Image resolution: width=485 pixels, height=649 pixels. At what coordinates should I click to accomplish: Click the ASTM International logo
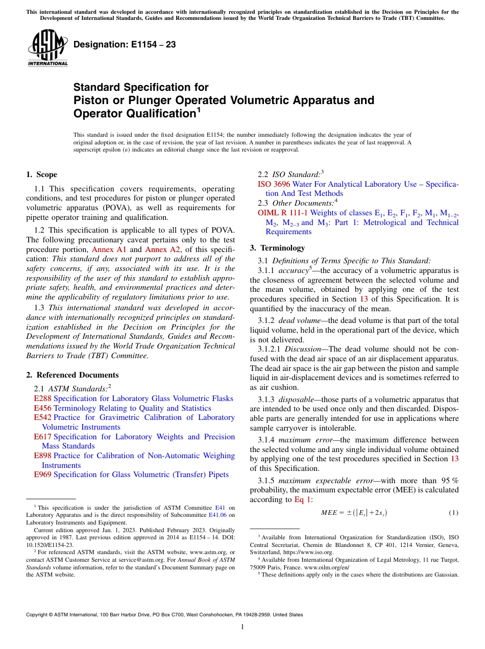47,48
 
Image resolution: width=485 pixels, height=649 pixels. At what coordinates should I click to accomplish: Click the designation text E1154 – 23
125,45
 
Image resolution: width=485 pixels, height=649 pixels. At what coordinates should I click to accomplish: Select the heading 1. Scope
41,174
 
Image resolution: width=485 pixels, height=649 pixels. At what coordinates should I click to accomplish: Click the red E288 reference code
42,398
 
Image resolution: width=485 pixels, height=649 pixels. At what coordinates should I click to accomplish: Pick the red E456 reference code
42,408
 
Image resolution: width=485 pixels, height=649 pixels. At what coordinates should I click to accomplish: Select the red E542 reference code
42,417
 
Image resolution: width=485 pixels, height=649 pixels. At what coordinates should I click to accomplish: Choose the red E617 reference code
42,437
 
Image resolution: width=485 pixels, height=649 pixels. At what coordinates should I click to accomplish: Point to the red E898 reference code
42,456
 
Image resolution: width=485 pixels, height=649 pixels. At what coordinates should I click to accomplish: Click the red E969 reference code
42,475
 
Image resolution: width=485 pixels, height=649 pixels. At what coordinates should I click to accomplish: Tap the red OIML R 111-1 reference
283,213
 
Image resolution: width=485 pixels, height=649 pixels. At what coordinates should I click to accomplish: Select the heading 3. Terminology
277,248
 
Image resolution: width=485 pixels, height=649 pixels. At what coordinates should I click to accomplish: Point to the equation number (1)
453,513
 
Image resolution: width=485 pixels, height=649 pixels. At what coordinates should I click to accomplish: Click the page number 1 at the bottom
243,627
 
